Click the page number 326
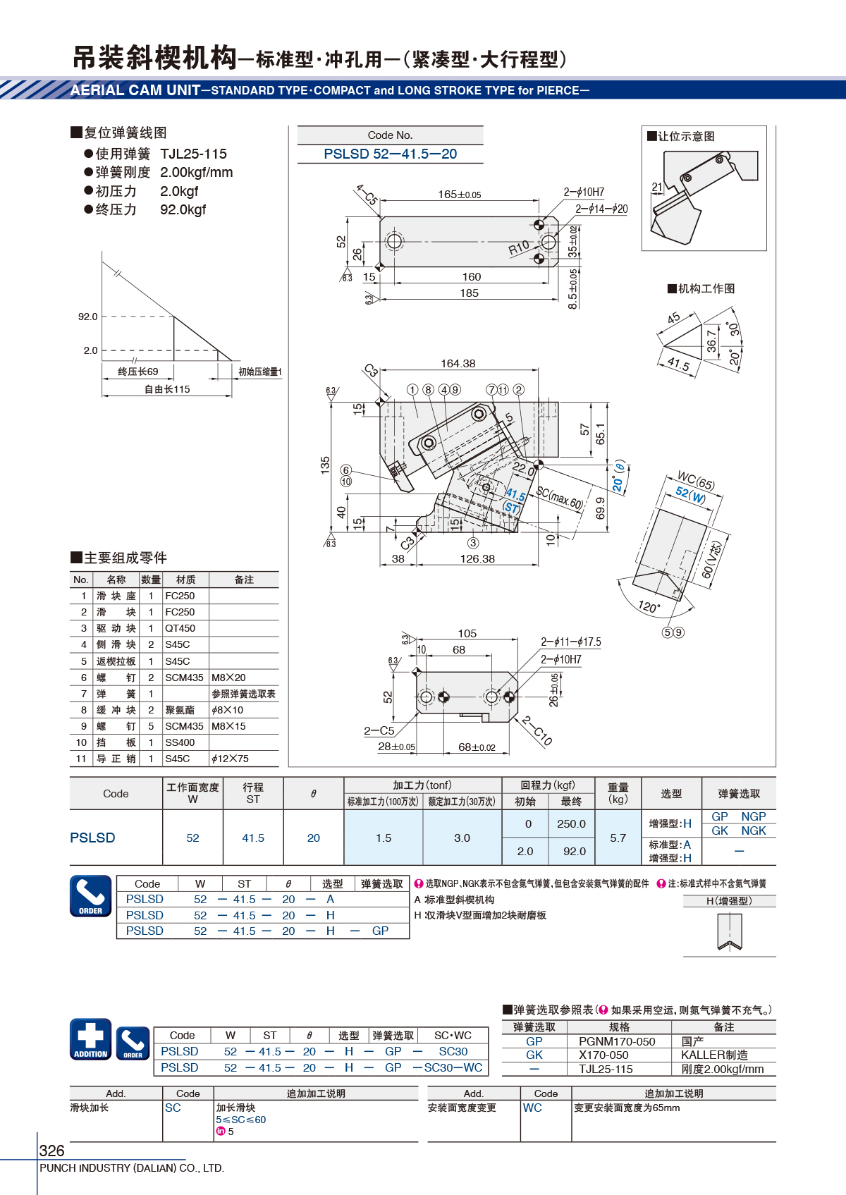(x=52, y=1151)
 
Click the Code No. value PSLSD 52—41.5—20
(x=390, y=154)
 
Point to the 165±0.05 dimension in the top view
(x=460, y=195)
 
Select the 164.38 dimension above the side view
(x=458, y=364)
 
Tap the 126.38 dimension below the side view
(x=477, y=559)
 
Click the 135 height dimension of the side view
(x=325, y=465)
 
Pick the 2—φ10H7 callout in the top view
(x=584, y=192)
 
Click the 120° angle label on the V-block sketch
(x=649, y=606)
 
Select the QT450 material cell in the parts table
(x=180, y=628)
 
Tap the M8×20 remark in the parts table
(x=228, y=678)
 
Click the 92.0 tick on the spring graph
(x=88, y=317)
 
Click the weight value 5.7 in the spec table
(x=618, y=838)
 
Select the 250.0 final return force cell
(x=571, y=823)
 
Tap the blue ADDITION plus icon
(x=91, y=1039)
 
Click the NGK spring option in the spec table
(x=754, y=831)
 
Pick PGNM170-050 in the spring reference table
(x=617, y=1041)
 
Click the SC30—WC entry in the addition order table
(x=453, y=1067)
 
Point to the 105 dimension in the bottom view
(x=467, y=633)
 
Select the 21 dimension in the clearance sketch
(x=657, y=188)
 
